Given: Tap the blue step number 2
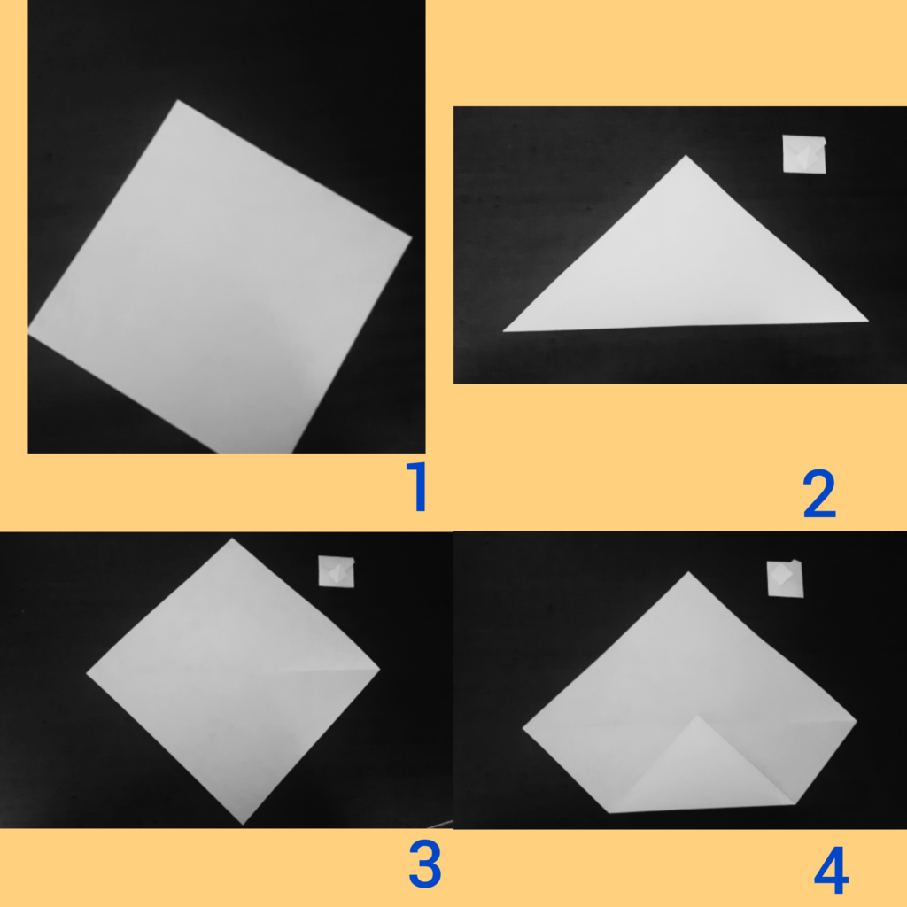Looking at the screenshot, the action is pyautogui.click(x=819, y=493).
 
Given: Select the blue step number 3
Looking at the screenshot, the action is pyautogui.click(x=425, y=864).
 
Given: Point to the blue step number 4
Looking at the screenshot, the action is pyautogui.click(x=831, y=871).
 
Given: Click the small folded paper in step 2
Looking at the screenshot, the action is pyautogui.click(x=804, y=154).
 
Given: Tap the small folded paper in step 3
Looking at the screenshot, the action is pyautogui.click(x=336, y=571).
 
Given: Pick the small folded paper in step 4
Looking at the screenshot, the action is pyautogui.click(x=785, y=578).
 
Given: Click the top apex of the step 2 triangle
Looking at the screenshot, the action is pyautogui.click(x=686, y=155).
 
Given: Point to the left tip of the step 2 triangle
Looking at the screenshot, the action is pyautogui.click(x=503, y=331).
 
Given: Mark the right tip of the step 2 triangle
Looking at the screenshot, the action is pyautogui.click(x=868, y=321).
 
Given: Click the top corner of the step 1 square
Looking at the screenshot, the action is pyautogui.click(x=177, y=100).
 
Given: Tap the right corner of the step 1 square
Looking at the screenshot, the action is pyautogui.click(x=412, y=236).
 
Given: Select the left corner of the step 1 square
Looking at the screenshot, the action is pyautogui.click(x=28, y=331).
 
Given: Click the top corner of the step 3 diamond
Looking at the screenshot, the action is pyautogui.click(x=232, y=539).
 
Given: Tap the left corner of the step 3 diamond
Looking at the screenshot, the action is pyautogui.click(x=86, y=673).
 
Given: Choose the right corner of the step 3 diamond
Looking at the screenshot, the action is pyautogui.click(x=380, y=670).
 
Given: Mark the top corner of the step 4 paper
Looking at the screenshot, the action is pyautogui.click(x=688, y=572).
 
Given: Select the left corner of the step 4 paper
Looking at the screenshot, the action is pyautogui.click(x=523, y=728).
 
